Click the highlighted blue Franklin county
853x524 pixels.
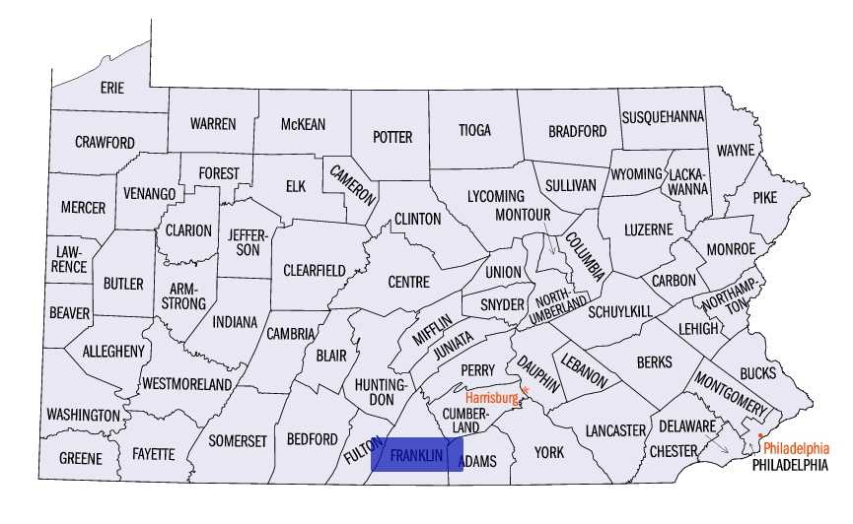click(x=416, y=455)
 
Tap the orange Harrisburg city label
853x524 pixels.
click(x=491, y=398)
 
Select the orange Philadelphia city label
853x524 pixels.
click(x=796, y=445)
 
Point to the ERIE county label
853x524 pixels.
click(x=112, y=88)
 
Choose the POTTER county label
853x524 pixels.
click(x=391, y=137)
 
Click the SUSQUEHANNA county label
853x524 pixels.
click(x=663, y=116)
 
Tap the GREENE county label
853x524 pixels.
click(x=80, y=459)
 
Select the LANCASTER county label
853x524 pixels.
click(x=614, y=430)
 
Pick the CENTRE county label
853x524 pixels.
click(x=408, y=282)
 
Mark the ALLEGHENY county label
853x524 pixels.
click(x=113, y=351)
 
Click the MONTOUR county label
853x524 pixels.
click(x=521, y=214)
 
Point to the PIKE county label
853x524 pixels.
click(x=764, y=197)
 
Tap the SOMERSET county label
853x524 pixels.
click(x=238, y=440)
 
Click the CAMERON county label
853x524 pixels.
click(x=353, y=184)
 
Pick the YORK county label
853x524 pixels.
click(x=548, y=452)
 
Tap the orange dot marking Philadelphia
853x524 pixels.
click(x=760, y=435)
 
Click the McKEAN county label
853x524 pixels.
click(x=303, y=124)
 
